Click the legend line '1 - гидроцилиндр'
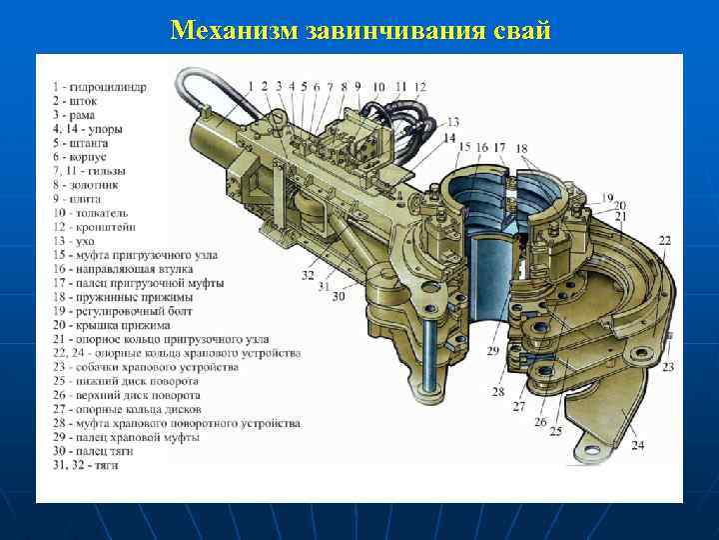coord(100,87)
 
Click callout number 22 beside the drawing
coord(665,241)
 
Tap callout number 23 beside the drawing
coord(666,367)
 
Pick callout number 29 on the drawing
coord(492,352)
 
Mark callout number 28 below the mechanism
coord(497,392)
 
